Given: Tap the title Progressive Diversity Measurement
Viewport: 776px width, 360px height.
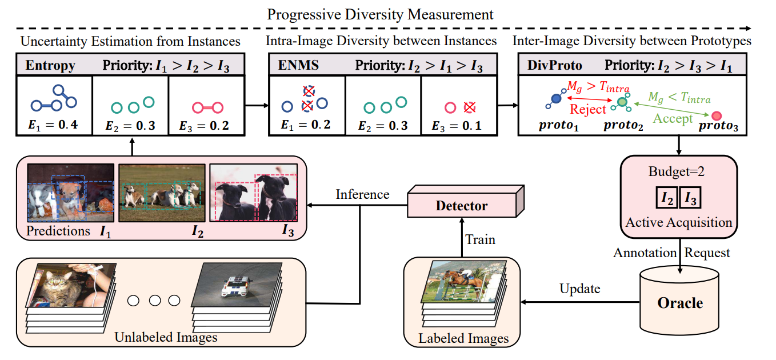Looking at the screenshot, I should (x=380, y=14).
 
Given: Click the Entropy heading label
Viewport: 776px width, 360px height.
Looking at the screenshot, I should (x=50, y=65).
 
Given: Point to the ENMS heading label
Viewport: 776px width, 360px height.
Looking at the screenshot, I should (x=298, y=65).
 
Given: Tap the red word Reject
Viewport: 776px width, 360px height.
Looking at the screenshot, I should (x=588, y=110).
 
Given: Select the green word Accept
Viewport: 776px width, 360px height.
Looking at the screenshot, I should (x=673, y=119).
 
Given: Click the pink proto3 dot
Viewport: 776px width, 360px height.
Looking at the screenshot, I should (x=717, y=116).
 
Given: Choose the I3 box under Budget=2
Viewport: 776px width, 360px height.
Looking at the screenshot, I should (x=690, y=198).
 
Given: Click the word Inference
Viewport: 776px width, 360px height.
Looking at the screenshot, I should (x=362, y=194).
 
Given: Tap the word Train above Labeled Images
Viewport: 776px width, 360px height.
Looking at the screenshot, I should (x=479, y=239).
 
